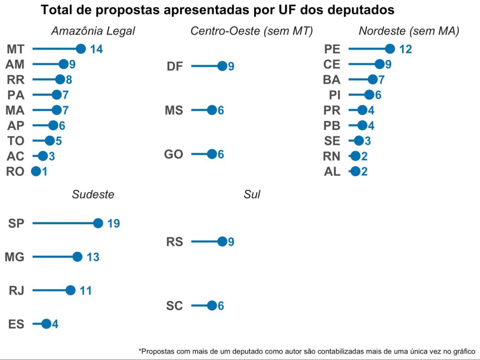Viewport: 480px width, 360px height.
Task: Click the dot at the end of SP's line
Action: (x=98, y=223)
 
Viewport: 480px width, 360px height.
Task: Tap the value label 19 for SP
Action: (x=113, y=224)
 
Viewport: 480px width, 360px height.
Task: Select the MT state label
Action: (x=16, y=49)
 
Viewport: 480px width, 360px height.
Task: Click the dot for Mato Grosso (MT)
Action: (x=81, y=49)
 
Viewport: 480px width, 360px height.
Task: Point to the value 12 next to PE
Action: (x=405, y=49)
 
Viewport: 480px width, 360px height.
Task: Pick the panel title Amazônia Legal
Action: (x=93, y=31)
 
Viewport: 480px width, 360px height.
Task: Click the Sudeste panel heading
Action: (x=93, y=195)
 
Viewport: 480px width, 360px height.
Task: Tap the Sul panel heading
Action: (x=252, y=195)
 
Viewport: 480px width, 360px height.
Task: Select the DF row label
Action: (x=175, y=67)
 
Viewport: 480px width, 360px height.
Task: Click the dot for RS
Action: (x=222, y=242)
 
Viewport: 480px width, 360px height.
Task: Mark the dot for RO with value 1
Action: (x=36, y=172)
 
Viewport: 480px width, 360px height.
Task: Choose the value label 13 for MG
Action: (x=93, y=257)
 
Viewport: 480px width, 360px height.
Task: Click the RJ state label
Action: (x=16, y=291)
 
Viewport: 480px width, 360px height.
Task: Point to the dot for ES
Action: (x=46, y=323)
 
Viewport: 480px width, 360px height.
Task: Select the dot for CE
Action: (x=380, y=64)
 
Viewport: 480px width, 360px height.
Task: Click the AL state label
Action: (x=332, y=172)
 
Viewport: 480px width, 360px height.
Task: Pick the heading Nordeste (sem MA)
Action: (x=409, y=31)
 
